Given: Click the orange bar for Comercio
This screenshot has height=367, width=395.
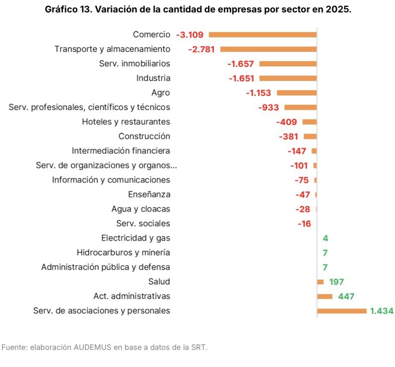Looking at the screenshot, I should [262, 35].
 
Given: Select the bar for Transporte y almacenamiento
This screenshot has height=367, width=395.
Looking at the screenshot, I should [268, 49].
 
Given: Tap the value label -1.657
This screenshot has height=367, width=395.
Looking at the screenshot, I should [241, 64].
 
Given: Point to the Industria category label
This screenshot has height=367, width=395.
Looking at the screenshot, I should [153, 78].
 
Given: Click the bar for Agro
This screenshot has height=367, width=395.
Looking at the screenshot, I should [297, 92].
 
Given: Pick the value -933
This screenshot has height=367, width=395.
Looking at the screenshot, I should [268, 107].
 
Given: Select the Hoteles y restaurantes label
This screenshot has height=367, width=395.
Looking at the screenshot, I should [126, 122].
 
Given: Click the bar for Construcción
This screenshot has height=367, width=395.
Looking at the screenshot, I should [310, 136].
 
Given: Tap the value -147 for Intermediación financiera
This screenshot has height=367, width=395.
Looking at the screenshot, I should [297, 151].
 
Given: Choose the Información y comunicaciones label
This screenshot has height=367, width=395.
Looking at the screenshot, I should [111, 180].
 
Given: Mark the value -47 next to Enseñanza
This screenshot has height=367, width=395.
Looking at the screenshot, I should [303, 195].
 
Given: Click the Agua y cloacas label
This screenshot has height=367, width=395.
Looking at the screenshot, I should [141, 209].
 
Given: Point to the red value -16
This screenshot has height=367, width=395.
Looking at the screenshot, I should [304, 224].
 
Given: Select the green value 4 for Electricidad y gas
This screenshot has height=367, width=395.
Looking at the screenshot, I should [325, 239].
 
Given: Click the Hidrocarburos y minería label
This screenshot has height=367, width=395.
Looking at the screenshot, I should [123, 253].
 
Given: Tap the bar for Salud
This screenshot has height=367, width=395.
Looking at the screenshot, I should [320, 282].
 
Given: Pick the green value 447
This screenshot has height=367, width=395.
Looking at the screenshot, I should [346, 296].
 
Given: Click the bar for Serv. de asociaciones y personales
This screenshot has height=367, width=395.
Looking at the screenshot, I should [342, 311].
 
